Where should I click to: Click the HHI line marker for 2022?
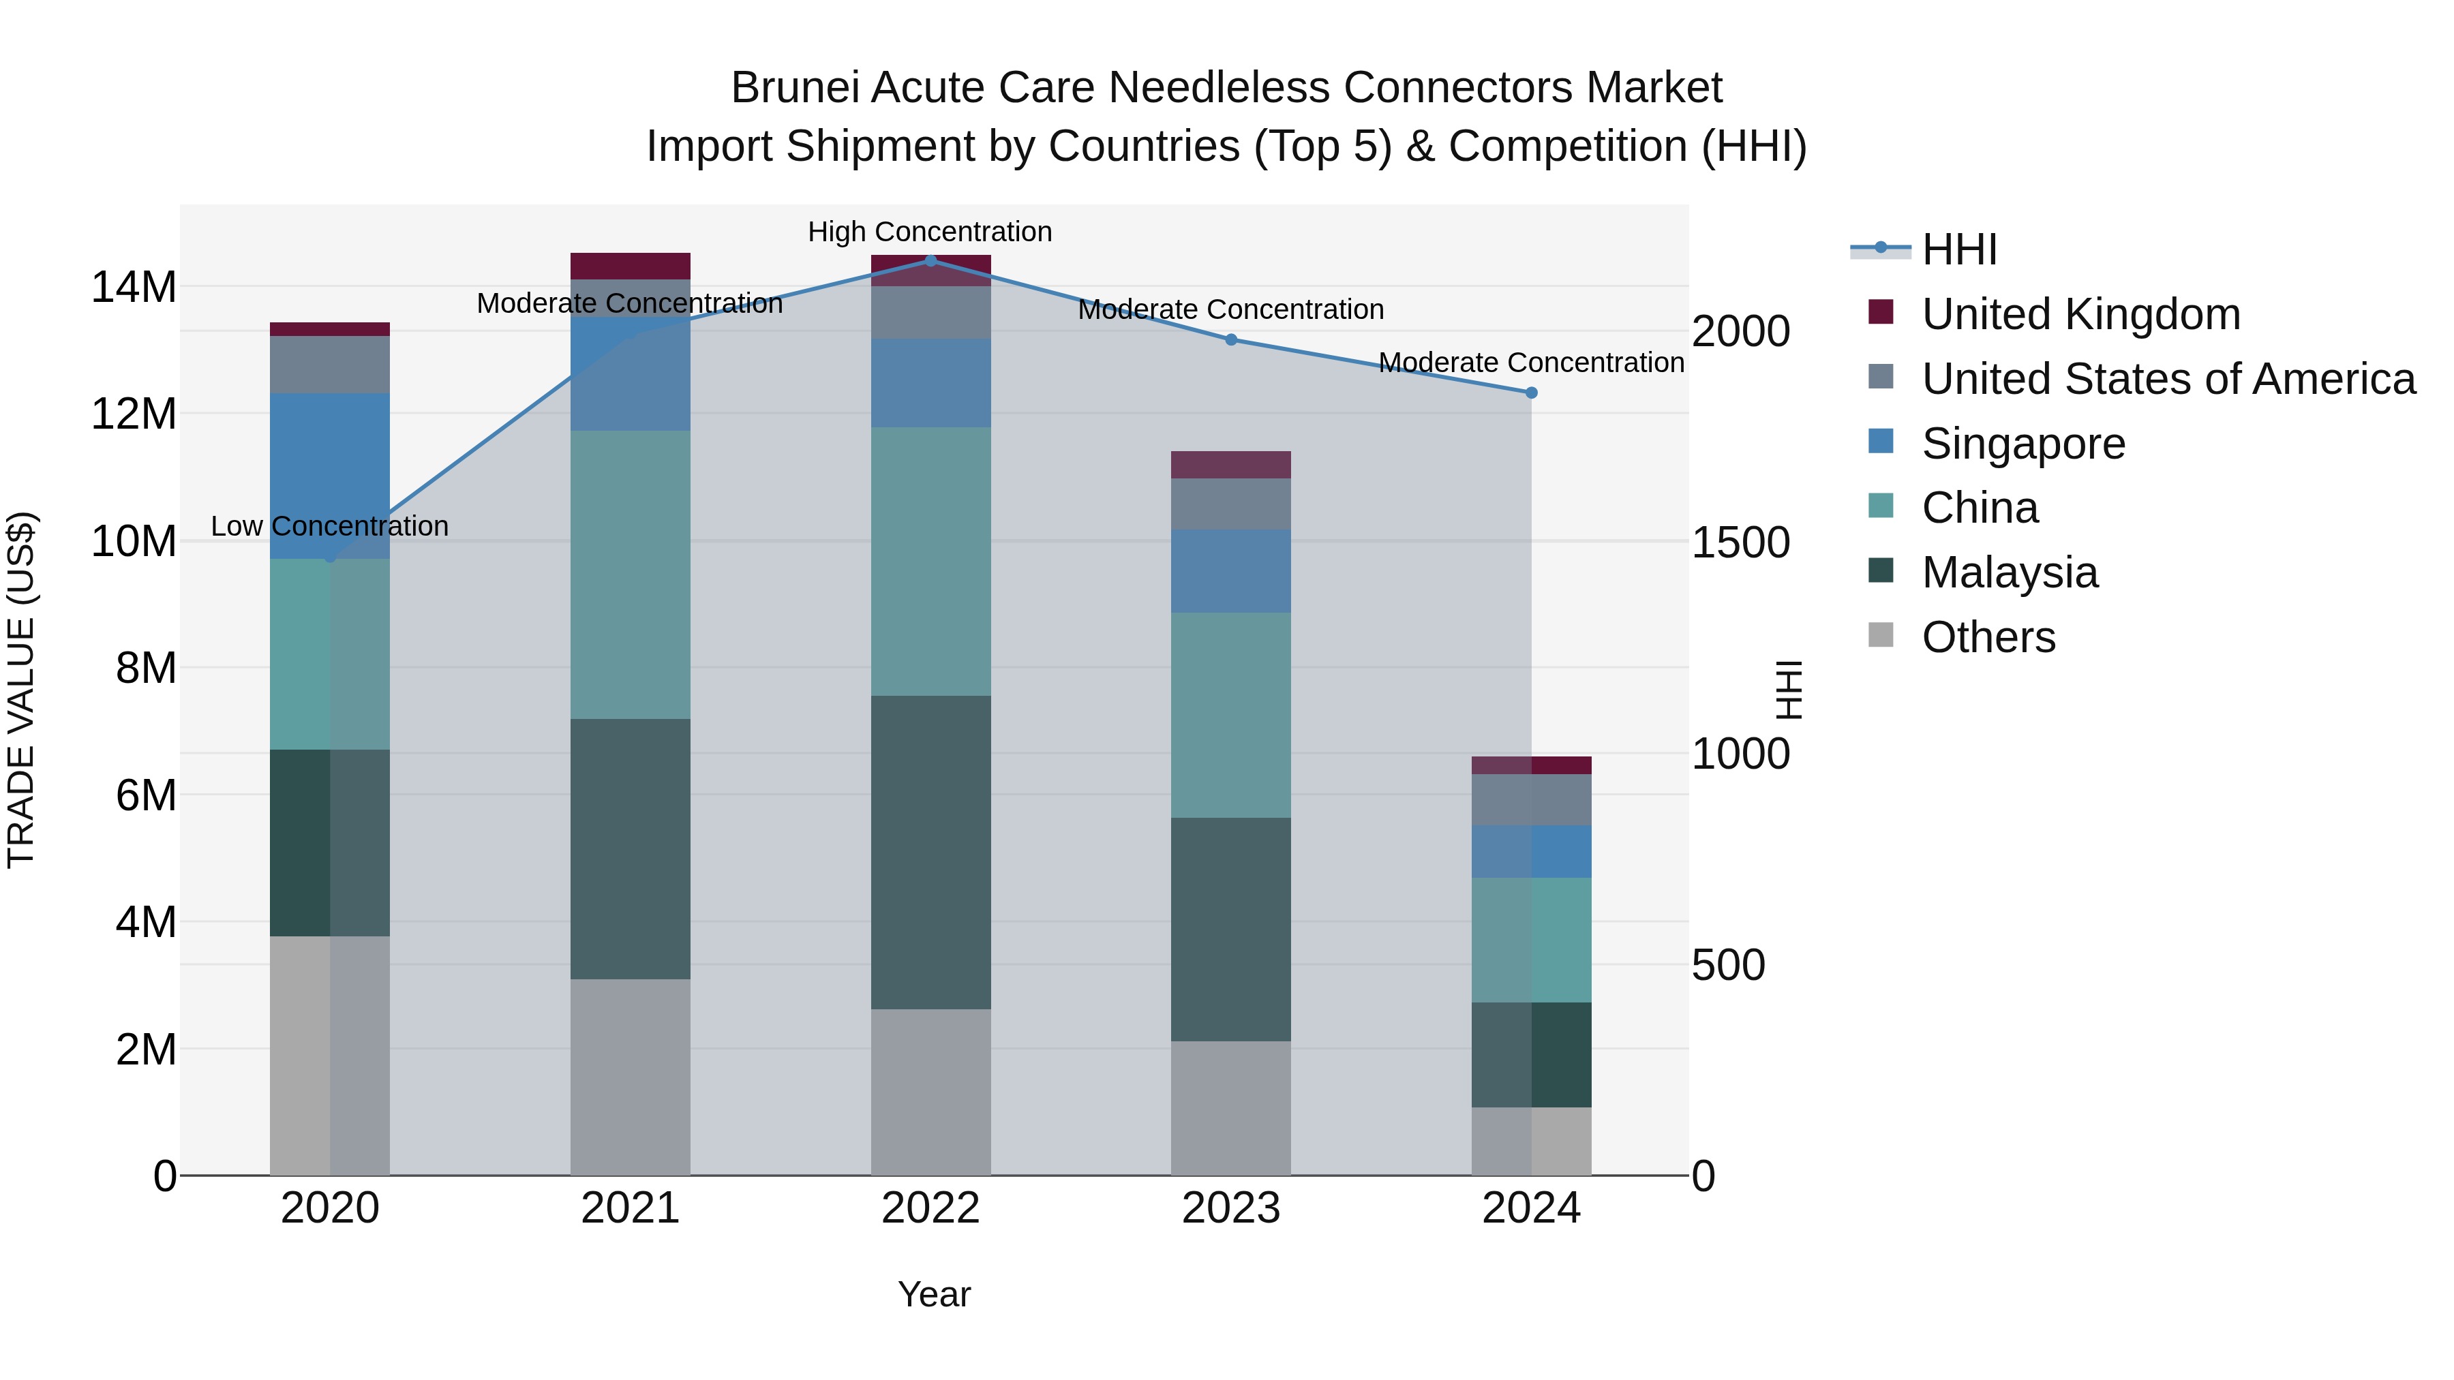pyautogui.click(x=930, y=260)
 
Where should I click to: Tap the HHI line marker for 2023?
pyautogui.click(x=1231, y=339)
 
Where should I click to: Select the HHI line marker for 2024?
pyautogui.click(x=1531, y=393)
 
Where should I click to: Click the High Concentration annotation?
pyautogui.click(x=930, y=232)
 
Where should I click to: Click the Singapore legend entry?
pyautogui.click(x=2023, y=444)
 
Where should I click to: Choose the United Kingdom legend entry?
pyautogui.click(x=2080, y=314)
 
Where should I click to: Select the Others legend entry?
pyautogui.click(x=1988, y=637)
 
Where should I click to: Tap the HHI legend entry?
pyautogui.click(x=1958, y=249)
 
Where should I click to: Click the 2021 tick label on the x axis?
pyautogui.click(x=630, y=1208)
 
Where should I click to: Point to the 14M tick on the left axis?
pyautogui.click(x=134, y=287)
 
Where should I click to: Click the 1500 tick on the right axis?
pyautogui.click(x=1740, y=543)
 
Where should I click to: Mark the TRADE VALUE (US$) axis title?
pyautogui.click(x=21, y=690)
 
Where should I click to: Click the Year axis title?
pyautogui.click(x=934, y=1294)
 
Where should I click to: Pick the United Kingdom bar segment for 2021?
pyautogui.click(x=630, y=266)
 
